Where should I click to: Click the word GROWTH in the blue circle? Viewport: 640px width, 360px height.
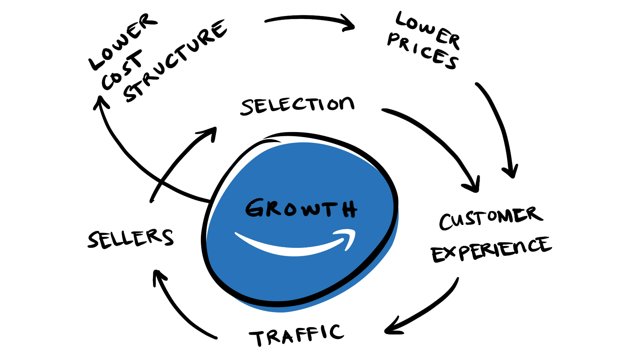coord(301,208)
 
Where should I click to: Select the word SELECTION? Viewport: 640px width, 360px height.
coord(297,105)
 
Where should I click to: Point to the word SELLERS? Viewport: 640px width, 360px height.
coord(130,238)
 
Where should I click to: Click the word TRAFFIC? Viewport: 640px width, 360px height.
coord(297,335)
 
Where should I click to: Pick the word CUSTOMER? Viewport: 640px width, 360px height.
coord(490,218)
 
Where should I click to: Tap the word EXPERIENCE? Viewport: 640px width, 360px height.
coord(491,250)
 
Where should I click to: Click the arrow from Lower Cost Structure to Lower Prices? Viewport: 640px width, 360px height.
coord(310,20)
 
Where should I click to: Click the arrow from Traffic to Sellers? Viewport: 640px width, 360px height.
coord(179,308)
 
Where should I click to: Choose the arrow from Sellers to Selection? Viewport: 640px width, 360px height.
coord(179,162)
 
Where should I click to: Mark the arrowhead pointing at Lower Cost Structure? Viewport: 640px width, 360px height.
coord(100,102)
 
